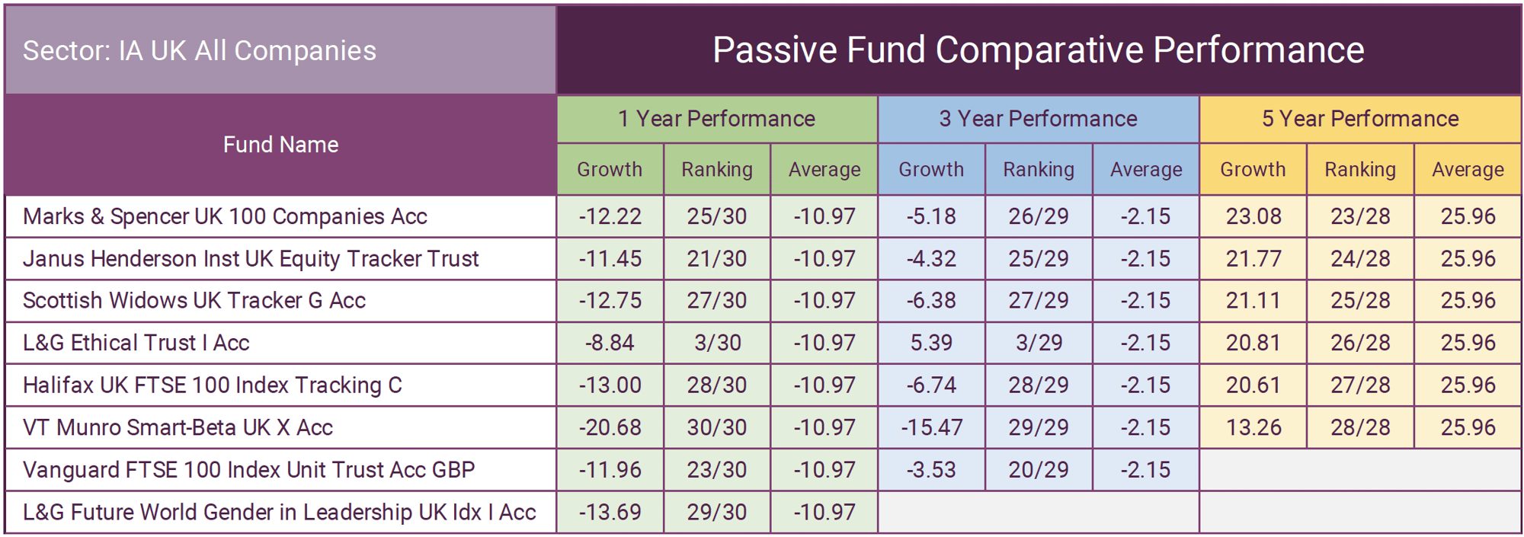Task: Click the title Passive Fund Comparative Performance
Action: coord(1038,50)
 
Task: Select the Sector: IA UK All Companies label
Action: coord(200,50)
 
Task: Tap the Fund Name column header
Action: coord(280,145)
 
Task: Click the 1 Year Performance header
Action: coord(716,119)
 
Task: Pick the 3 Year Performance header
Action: coord(1038,119)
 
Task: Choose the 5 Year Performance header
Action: coord(1360,119)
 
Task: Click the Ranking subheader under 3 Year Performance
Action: coord(1039,169)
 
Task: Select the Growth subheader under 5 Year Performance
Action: coord(1253,169)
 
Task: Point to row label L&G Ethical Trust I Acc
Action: coord(136,343)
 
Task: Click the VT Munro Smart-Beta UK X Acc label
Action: coord(178,427)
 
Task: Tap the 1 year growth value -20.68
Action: coord(610,427)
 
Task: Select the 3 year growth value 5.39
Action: coord(931,343)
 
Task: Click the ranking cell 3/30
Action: coord(717,343)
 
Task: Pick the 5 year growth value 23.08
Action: coord(1253,216)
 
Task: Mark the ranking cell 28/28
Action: coord(1360,427)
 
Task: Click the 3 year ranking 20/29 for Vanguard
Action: coord(1039,470)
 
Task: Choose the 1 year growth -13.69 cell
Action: coord(610,512)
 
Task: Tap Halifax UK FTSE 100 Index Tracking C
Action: coord(212,385)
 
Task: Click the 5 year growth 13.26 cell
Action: coord(1253,427)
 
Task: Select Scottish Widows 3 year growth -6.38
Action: coord(931,301)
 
